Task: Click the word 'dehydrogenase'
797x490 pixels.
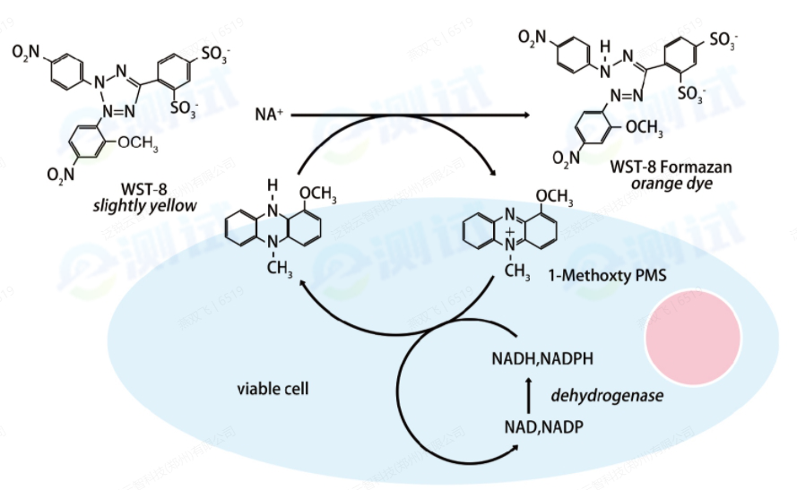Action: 607,394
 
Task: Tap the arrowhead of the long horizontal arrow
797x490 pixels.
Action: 523,116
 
